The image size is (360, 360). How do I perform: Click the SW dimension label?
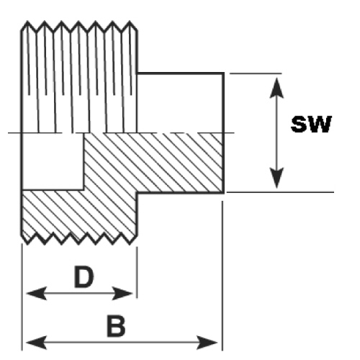(x=311, y=124)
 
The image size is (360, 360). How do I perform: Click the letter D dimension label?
(x=84, y=276)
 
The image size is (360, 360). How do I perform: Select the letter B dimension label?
(x=116, y=327)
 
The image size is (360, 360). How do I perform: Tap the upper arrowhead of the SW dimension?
(x=276, y=88)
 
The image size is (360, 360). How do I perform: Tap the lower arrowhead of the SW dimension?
(x=276, y=178)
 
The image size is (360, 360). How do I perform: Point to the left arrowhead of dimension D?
(x=36, y=293)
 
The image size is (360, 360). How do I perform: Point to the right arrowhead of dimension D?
(x=122, y=293)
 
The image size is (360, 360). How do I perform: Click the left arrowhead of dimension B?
(x=36, y=343)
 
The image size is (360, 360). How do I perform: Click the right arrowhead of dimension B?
(x=207, y=343)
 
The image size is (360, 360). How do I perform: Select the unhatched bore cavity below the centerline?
(x=53, y=161)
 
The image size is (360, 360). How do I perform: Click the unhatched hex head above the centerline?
(x=180, y=103)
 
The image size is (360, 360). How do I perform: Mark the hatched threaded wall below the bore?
(x=79, y=215)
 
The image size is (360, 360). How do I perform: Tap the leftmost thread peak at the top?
(x=27, y=22)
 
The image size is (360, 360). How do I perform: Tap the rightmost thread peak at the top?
(x=130, y=22)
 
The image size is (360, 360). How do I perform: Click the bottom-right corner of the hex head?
(x=224, y=192)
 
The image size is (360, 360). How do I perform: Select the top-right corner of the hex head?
(x=224, y=73)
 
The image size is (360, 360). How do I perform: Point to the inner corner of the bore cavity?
(x=84, y=189)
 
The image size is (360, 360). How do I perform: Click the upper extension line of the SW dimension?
(x=256, y=73)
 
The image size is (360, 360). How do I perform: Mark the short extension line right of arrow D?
(x=137, y=272)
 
